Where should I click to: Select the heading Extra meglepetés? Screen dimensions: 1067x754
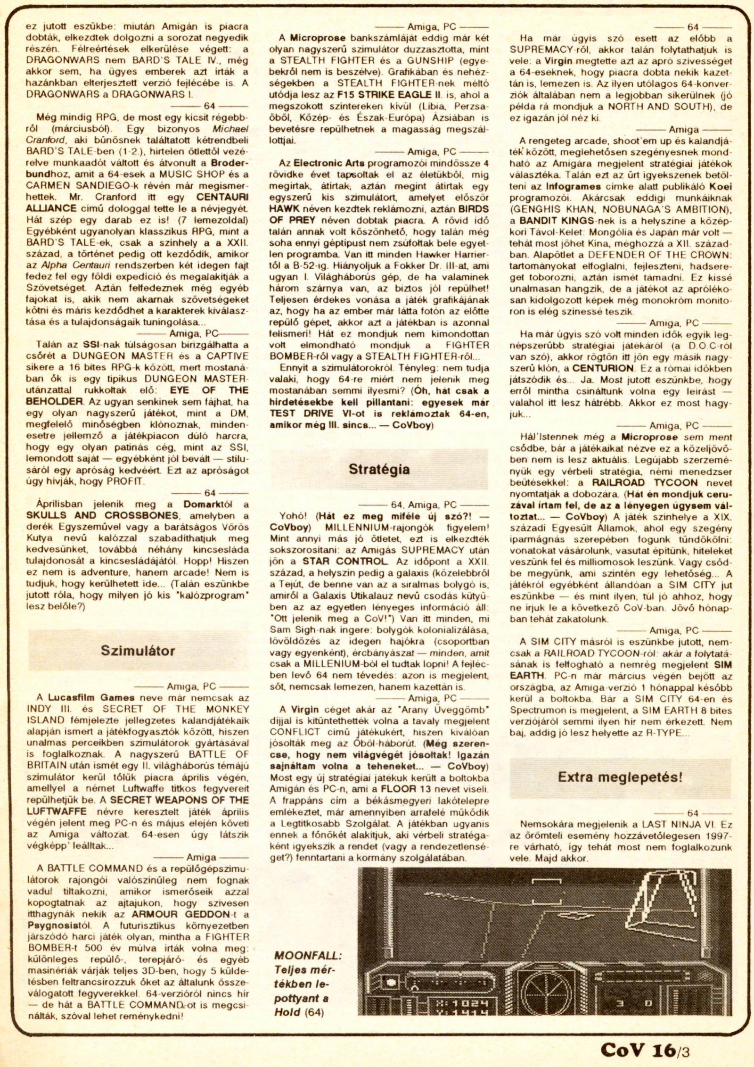[620, 777]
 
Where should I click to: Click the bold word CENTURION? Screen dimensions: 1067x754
[603, 368]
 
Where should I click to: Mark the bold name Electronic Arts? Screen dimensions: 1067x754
[329, 163]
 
